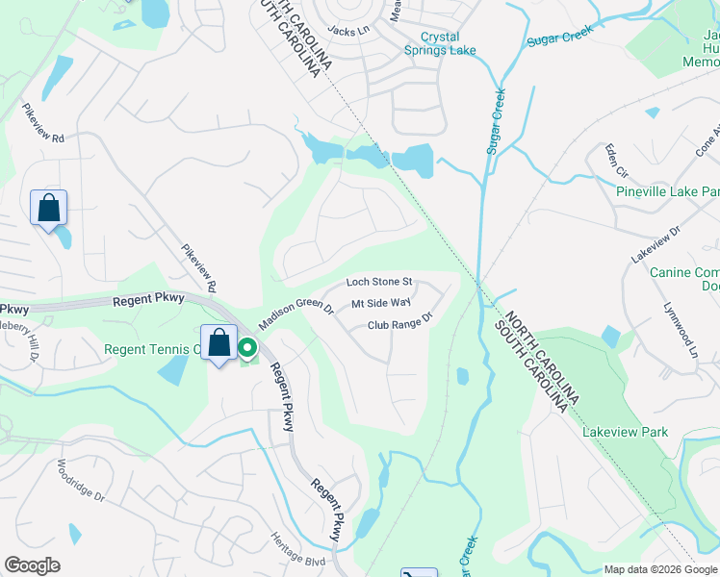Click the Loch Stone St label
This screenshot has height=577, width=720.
[379, 283]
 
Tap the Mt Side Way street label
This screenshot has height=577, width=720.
[381, 304]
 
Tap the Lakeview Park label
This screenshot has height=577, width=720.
[625, 433]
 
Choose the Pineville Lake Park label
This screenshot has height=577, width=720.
[667, 190]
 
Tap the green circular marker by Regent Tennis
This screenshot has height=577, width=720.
[247, 348]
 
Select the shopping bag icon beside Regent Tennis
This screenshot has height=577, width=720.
[219, 342]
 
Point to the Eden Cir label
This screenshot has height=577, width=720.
[615, 161]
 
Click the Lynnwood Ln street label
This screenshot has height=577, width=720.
[679, 330]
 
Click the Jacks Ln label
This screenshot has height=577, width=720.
[348, 31]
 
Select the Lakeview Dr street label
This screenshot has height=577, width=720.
[656, 245]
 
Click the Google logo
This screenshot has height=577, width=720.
[32, 565]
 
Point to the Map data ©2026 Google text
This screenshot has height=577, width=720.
[660, 569]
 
